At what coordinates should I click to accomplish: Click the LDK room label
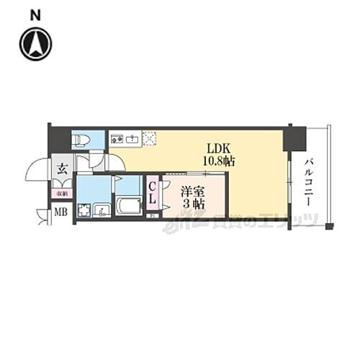[218, 147]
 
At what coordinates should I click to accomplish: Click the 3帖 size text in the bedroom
[192, 204]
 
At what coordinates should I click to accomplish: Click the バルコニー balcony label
[307, 183]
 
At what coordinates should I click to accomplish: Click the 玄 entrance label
[61, 170]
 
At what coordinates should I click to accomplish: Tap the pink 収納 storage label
[61, 192]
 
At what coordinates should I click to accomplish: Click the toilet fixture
[81, 139]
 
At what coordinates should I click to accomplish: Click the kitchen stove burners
[116, 138]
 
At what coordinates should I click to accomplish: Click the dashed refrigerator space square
[150, 138]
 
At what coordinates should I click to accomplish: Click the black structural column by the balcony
[294, 138]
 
